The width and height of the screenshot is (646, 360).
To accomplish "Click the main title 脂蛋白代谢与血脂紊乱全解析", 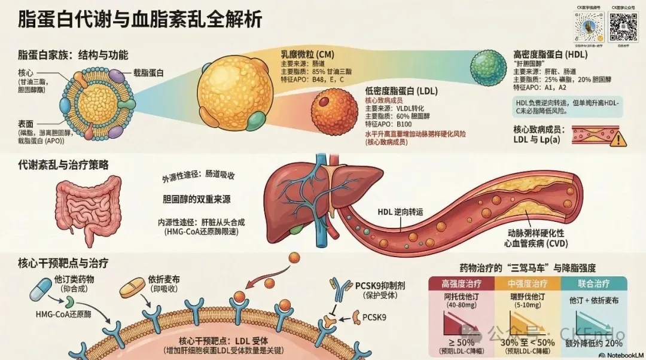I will pyautogui.click(x=141, y=19).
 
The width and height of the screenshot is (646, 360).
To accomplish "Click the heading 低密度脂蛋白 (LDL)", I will pyautogui.click(x=401, y=91).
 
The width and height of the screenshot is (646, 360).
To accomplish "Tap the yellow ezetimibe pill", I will pyautogui.click(x=132, y=288).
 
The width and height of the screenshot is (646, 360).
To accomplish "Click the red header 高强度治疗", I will pyautogui.click(x=461, y=283).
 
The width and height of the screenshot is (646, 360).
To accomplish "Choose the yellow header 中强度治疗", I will pyautogui.click(x=527, y=283).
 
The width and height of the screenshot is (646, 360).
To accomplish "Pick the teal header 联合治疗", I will pyautogui.click(x=594, y=283).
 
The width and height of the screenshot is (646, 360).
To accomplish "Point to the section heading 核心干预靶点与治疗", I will pyautogui.click(x=63, y=263).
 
